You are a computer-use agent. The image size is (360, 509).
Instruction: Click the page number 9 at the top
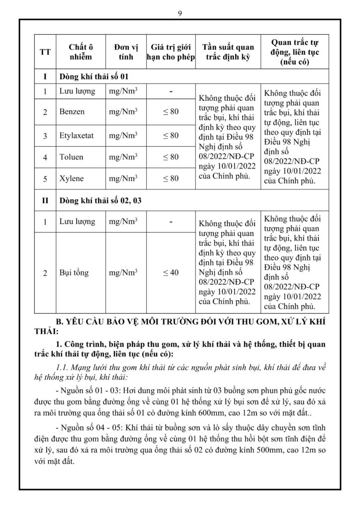tap(180, 13)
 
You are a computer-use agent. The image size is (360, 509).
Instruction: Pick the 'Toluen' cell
tap(72, 157)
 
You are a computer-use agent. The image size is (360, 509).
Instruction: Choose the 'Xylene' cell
tap(72, 178)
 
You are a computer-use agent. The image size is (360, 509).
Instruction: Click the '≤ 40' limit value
tap(171, 273)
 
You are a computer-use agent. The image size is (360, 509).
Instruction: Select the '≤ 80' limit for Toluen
tap(171, 157)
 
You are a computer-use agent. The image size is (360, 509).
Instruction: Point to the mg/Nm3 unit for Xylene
tap(123, 178)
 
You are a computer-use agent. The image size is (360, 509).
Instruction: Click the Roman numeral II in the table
tap(45, 201)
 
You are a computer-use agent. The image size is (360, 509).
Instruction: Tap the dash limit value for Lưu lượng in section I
tap(171, 92)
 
